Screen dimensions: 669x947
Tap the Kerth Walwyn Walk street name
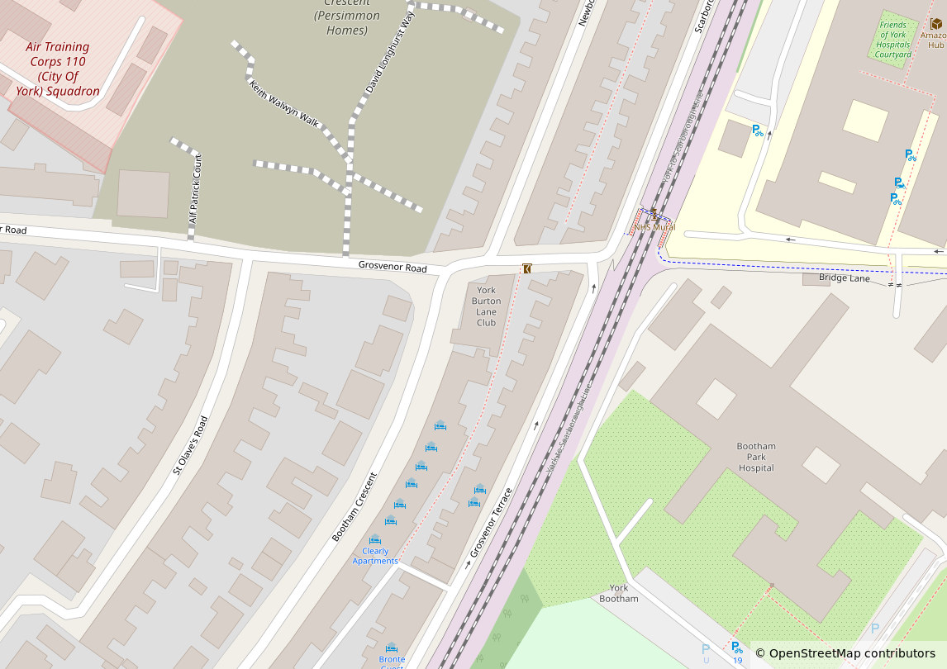(284, 102)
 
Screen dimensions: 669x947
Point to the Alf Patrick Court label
(195, 189)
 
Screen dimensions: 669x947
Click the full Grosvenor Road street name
(393, 268)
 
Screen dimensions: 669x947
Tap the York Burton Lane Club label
(486, 306)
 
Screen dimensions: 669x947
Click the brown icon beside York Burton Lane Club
(526, 268)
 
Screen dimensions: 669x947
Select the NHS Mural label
(654, 227)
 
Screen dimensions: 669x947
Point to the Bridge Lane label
(845, 278)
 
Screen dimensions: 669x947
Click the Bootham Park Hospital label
(756, 457)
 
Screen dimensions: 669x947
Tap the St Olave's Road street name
(190, 445)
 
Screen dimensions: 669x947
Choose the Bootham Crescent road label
(355, 506)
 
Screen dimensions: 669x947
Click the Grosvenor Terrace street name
(492, 522)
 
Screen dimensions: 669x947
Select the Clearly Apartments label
(375, 556)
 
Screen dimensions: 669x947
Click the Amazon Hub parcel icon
(935, 24)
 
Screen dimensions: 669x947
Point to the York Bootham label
(618, 593)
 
